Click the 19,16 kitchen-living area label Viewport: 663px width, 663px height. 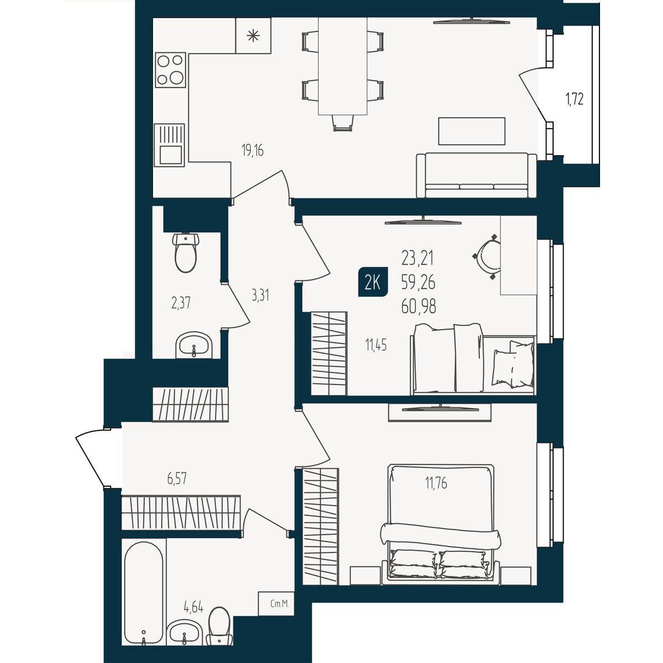point(252,150)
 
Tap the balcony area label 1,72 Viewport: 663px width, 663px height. point(574,99)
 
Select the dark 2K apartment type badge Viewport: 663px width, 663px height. point(372,282)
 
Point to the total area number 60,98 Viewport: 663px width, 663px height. point(418,306)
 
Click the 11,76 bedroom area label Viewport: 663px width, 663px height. point(436,483)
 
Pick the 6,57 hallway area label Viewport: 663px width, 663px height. point(177,478)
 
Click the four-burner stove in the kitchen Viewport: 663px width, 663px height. point(171,70)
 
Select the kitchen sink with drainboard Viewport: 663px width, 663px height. point(170,145)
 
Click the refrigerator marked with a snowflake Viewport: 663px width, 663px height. point(253,35)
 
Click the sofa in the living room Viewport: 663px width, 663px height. point(476,176)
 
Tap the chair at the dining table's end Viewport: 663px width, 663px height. point(343,123)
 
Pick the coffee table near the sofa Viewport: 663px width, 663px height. point(472,131)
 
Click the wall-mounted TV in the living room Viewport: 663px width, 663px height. point(471,22)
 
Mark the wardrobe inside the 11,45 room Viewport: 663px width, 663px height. point(329,354)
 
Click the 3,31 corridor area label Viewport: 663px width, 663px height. point(260,295)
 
